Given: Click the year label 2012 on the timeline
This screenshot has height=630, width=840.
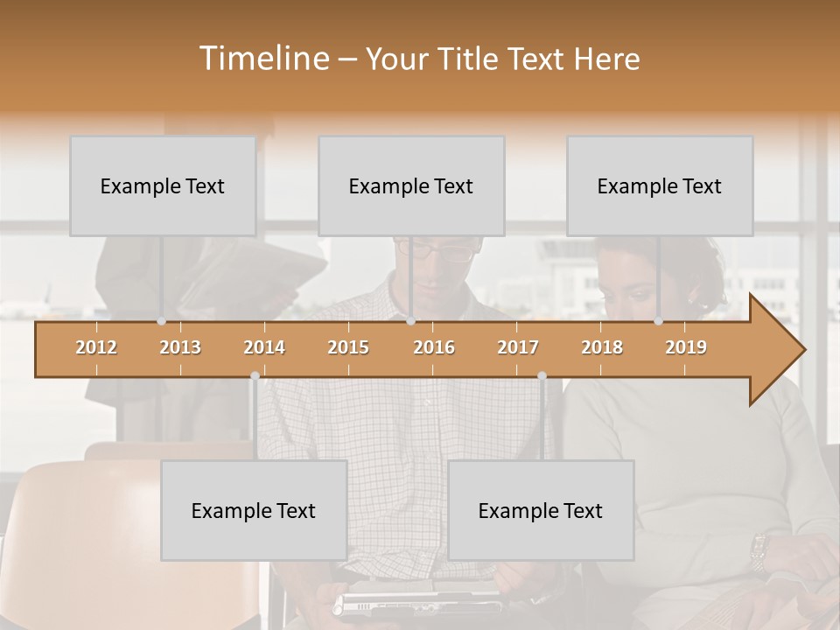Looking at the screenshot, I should click(x=96, y=347).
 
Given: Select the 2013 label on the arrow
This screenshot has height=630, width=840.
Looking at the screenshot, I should click(x=180, y=347).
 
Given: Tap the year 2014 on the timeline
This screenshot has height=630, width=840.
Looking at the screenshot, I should click(x=264, y=347).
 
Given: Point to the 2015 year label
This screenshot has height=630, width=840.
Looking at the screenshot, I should click(x=348, y=347).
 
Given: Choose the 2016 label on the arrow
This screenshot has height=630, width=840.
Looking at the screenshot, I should click(x=434, y=347).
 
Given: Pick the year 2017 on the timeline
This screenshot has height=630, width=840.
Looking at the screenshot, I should click(x=518, y=347).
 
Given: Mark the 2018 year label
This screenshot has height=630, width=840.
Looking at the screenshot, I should click(x=602, y=347).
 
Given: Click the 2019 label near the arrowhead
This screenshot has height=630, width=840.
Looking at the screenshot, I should click(x=686, y=347).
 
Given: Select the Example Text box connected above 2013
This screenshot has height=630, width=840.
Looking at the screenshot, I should click(x=163, y=185).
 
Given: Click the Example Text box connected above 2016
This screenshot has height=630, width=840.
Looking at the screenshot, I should click(x=411, y=185).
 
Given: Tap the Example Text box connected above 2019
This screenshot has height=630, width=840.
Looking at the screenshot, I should click(x=660, y=185).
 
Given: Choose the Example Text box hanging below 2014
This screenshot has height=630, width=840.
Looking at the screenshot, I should click(x=254, y=510).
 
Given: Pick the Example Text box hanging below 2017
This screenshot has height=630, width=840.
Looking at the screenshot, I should click(x=541, y=510).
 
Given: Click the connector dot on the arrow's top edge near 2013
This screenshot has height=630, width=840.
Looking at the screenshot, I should click(x=161, y=321).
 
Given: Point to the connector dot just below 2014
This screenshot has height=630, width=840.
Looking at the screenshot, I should click(x=255, y=375).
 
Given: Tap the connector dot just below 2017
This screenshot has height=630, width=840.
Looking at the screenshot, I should click(x=542, y=375).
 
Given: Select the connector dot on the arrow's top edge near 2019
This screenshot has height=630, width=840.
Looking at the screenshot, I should click(x=658, y=321).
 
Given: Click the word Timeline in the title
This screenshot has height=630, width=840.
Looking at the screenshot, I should click(x=264, y=59).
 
